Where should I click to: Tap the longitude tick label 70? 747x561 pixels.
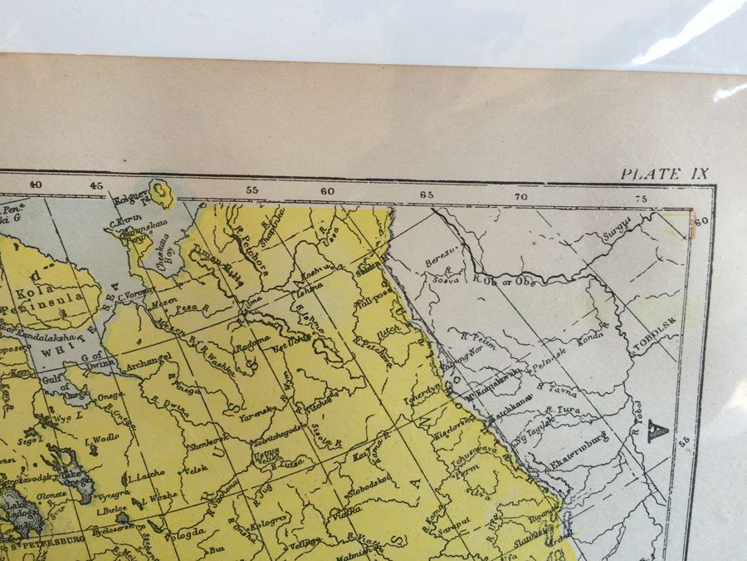(x=520, y=197)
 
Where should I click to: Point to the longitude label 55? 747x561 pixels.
(x=251, y=190)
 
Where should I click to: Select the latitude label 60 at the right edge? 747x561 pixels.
(x=700, y=221)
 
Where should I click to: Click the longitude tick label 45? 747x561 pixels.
(x=97, y=186)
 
